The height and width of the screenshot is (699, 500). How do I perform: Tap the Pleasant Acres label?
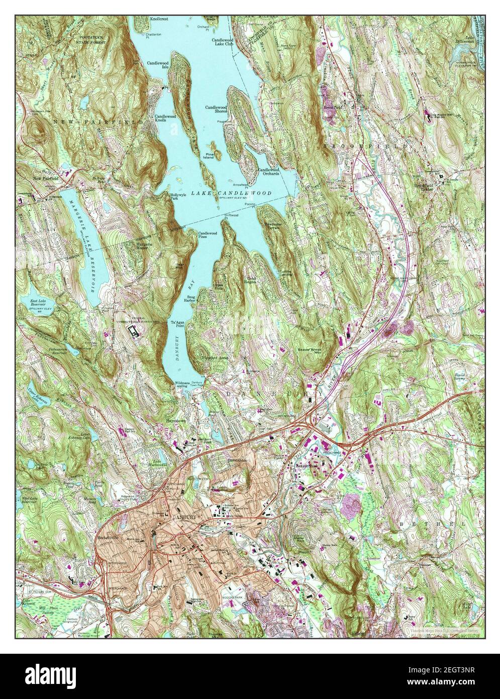215,357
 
